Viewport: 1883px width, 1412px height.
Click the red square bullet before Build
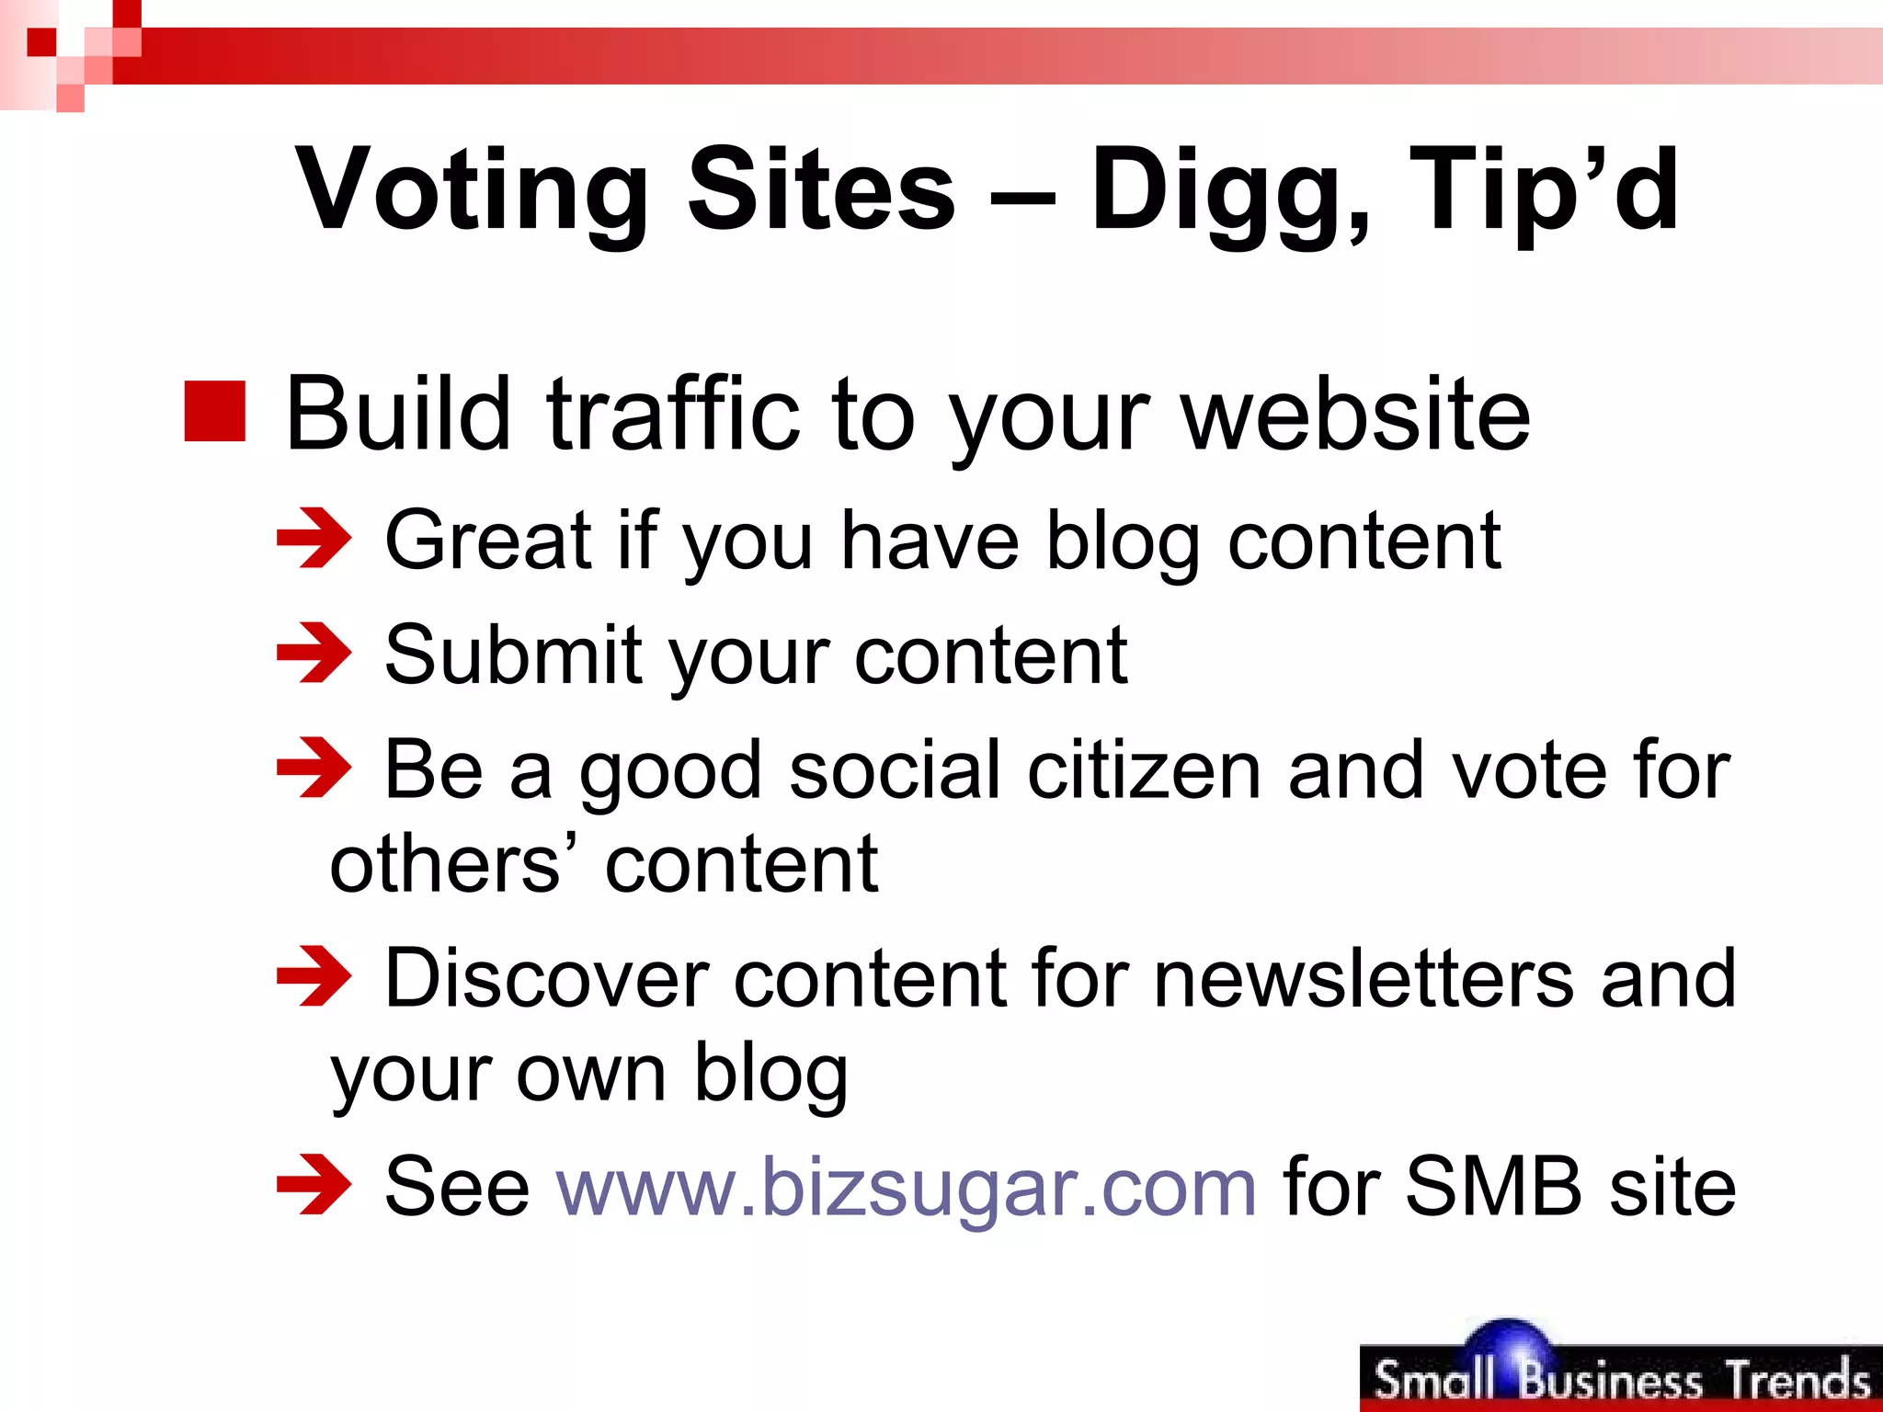point(215,411)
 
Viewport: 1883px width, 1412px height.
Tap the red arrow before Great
point(314,539)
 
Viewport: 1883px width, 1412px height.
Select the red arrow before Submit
point(314,654)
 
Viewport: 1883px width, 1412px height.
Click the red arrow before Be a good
point(314,768)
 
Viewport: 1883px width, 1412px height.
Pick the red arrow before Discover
point(314,976)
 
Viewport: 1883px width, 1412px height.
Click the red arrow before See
point(314,1186)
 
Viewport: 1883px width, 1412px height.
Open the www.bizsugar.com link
point(907,1188)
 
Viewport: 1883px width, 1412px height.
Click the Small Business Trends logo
point(1620,1373)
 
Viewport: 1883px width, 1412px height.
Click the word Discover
point(546,978)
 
